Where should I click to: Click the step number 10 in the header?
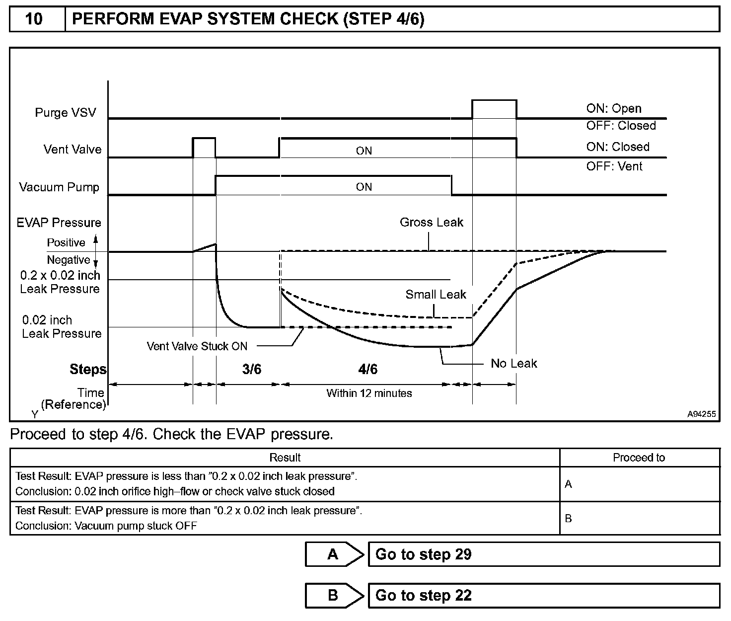click(34, 19)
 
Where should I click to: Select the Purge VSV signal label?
click(65, 113)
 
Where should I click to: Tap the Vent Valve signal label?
click(72, 150)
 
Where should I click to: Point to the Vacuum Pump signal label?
click(59, 187)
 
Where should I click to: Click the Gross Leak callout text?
click(431, 223)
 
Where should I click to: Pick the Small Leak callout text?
click(436, 295)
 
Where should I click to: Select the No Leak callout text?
click(513, 364)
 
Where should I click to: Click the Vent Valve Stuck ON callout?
click(197, 346)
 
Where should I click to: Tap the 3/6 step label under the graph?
click(252, 369)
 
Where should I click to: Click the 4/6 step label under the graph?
click(367, 369)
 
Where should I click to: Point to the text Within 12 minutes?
click(369, 393)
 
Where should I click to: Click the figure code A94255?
click(702, 414)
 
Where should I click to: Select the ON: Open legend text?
click(613, 109)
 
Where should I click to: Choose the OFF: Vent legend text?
click(614, 166)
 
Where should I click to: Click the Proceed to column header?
click(639, 458)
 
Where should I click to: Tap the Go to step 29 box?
click(543, 554)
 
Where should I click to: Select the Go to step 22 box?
click(543, 595)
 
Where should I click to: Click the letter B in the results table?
click(569, 519)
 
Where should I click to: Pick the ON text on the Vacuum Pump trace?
click(364, 187)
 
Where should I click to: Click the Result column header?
click(285, 458)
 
